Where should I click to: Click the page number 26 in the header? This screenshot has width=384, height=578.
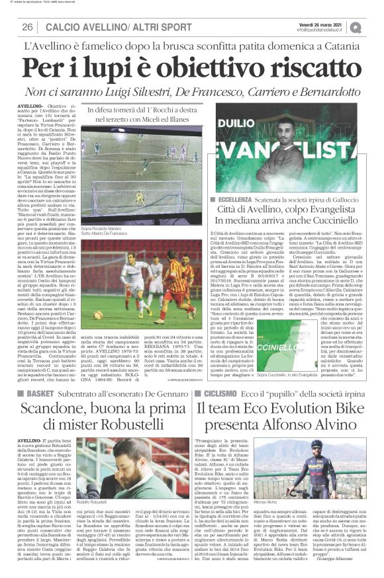tap(28, 26)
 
